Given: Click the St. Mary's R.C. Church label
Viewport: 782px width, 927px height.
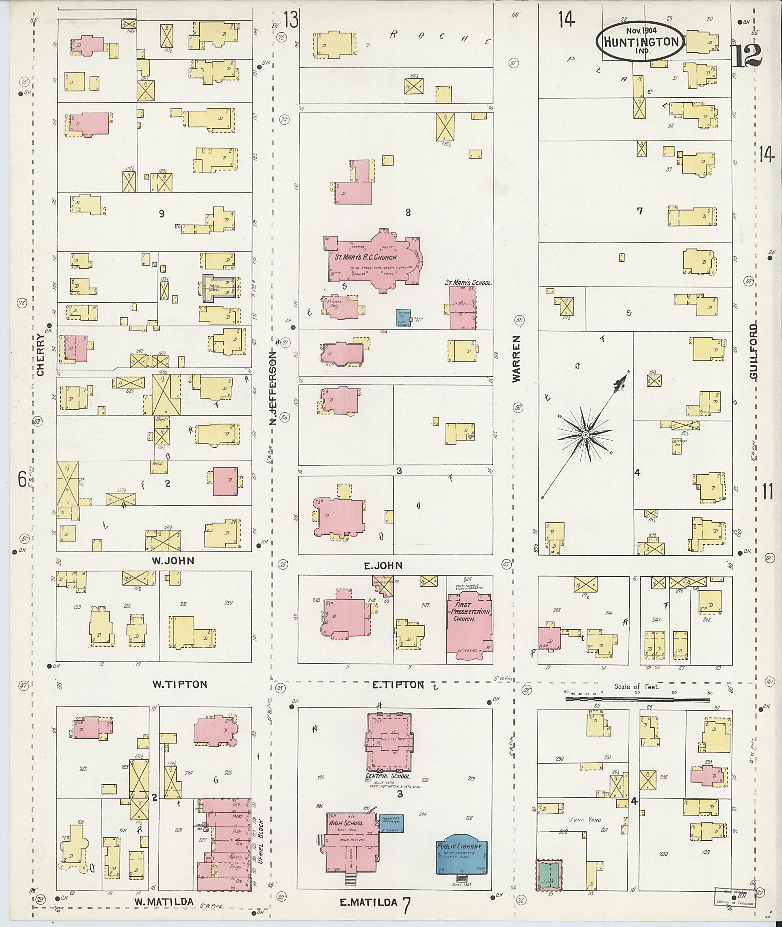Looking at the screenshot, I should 365,257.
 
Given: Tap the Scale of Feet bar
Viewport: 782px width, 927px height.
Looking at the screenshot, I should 638,699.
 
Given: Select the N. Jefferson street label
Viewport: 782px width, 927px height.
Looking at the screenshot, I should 273,388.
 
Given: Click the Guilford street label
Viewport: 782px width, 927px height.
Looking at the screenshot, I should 753,351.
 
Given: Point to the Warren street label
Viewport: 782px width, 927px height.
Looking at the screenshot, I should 515,358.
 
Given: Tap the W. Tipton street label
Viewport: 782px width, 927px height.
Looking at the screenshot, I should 179,684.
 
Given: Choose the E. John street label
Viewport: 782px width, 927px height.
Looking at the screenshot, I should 383,565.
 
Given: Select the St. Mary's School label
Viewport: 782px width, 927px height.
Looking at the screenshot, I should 468,282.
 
